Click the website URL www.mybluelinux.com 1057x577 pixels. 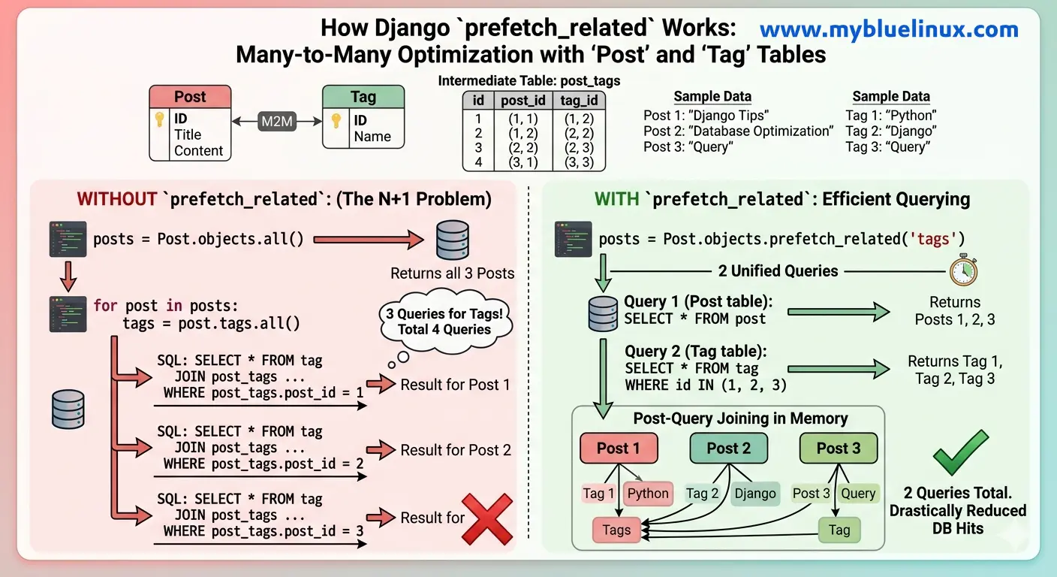(889, 30)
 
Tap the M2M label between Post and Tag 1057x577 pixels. (277, 120)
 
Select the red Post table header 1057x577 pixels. (190, 97)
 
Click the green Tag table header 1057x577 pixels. (363, 97)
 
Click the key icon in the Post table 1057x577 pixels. (160, 119)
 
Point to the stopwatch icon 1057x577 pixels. (963, 271)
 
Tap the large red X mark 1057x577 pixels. (487, 518)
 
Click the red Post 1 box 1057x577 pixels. (619, 449)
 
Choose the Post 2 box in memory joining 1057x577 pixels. (728, 449)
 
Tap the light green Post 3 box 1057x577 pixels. (838, 449)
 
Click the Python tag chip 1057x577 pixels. (648, 494)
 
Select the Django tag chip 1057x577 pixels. (755, 494)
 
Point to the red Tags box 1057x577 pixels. (616, 530)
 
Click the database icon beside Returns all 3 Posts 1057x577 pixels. (452, 240)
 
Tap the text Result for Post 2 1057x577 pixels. (456, 450)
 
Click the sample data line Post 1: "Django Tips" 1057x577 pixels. (706, 116)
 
